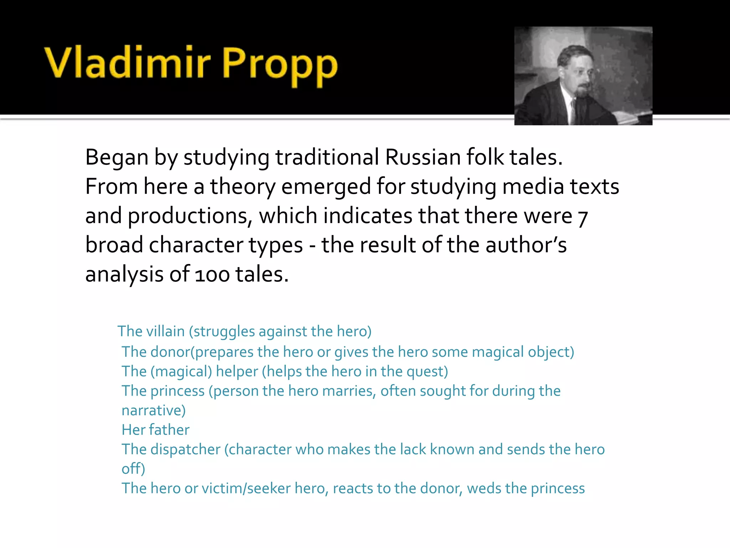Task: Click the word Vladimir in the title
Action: [x=128, y=62]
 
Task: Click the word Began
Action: [x=117, y=157]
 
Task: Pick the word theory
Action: [x=243, y=187]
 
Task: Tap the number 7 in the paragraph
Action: [x=583, y=217]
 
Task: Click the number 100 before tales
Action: [x=212, y=275]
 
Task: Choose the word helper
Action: [x=237, y=371]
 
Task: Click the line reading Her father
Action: [x=155, y=430]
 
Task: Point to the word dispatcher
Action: [x=185, y=450]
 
